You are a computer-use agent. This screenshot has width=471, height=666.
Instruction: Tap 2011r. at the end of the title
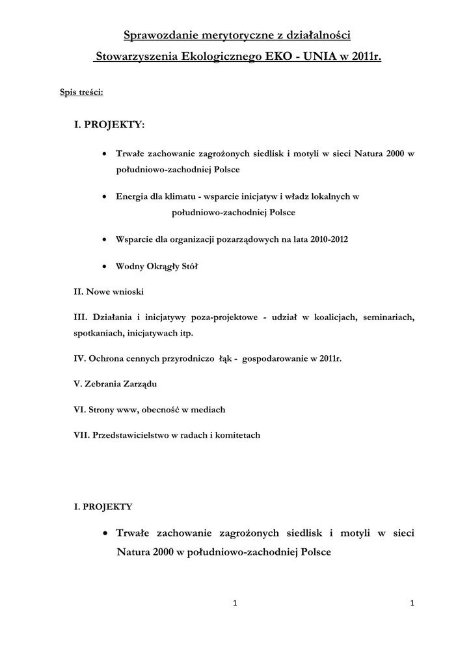tap(364, 57)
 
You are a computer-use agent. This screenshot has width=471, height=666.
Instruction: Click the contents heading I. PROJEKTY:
tap(109, 124)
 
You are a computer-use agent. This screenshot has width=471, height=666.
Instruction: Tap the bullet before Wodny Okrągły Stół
tap(105, 267)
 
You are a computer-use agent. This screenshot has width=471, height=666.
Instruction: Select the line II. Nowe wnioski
tap(109, 292)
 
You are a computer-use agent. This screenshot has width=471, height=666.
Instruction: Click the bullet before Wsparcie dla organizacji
tap(105, 239)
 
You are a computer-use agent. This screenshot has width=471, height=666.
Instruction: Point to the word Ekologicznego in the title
tap(219, 57)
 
